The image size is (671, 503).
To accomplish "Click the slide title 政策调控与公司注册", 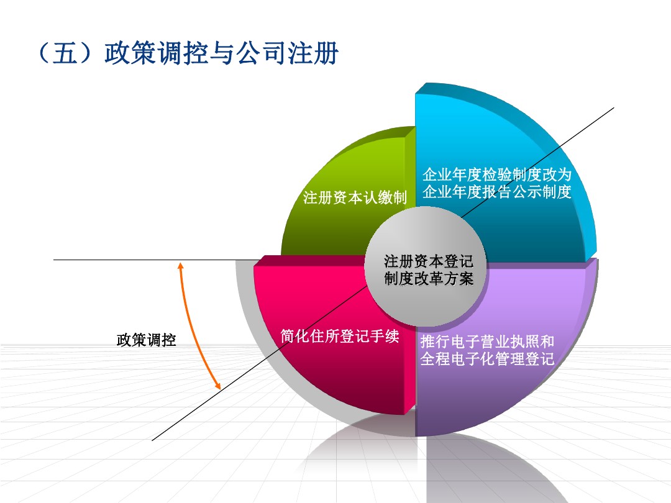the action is pos(221,53).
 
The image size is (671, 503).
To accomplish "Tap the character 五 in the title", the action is pos(65,53).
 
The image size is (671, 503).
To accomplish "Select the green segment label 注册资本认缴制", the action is pos(355,197).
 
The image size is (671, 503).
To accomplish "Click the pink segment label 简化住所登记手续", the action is pos(340,336).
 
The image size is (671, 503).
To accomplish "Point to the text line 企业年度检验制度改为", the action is pos(497,174).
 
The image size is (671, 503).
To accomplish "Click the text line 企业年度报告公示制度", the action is pos(497,192).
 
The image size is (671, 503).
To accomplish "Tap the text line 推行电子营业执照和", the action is pos(487,342).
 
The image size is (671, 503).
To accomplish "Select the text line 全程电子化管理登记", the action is pos(487,358).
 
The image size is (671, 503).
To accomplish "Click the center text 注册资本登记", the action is pos(428,261).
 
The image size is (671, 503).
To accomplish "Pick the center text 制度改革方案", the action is pos(428,278).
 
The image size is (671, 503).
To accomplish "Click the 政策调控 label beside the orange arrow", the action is pos(147,340).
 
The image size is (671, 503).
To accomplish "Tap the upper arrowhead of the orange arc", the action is pos(181,265).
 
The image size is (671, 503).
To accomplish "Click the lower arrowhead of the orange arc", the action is pos(218,386).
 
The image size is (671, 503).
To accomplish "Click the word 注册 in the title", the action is pos(313,53).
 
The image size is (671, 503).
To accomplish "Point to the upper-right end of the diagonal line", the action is pos(614,108).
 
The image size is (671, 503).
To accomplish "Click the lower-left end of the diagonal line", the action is pos(152,440).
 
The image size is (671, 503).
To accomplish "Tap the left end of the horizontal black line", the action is pos(54,260).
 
